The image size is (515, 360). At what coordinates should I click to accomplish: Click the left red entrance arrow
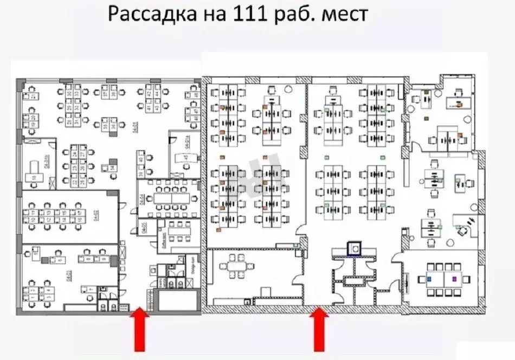[139, 329]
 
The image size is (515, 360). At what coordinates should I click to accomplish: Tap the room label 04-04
[141, 199]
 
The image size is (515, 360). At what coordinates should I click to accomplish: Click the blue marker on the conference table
[429, 279]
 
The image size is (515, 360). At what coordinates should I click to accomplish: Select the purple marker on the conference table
[454, 279]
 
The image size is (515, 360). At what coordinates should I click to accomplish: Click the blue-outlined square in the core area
[354, 248]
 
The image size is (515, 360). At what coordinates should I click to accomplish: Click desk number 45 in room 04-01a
[185, 158]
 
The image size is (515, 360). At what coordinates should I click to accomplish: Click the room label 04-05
[145, 229]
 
